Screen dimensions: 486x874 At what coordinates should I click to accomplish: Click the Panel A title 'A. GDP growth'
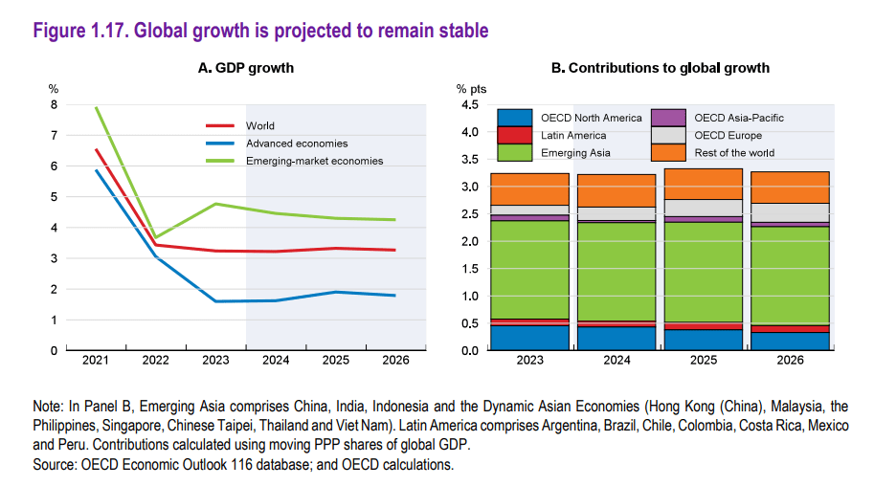(246, 68)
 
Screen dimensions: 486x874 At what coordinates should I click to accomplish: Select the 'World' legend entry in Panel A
(259, 125)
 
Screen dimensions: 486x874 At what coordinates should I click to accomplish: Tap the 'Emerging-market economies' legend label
(314, 161)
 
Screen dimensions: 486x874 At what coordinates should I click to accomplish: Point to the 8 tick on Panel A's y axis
(54, 105)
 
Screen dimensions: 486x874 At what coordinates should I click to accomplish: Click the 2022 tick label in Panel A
(156, 361)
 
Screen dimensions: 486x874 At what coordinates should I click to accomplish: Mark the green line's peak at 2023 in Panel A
(215, 204)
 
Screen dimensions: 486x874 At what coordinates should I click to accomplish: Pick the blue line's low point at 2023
(215, 301)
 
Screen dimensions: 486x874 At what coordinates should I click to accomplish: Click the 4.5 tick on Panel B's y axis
(470, 105)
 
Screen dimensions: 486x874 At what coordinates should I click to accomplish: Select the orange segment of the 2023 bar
(529, 188)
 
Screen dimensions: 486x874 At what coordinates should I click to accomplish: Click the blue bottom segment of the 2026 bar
(790, 341)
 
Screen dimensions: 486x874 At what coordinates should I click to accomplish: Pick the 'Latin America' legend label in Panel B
(573, 135)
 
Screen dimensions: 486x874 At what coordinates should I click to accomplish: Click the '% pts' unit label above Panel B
(472, 89)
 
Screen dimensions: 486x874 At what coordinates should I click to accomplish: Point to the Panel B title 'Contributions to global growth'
(661, 68)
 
